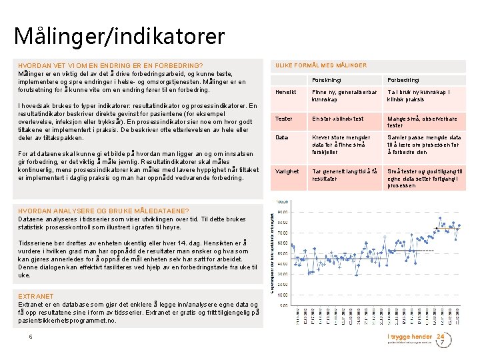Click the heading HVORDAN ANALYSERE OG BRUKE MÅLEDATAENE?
coord(94,211)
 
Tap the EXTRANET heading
coord(36,296)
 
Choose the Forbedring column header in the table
coord(403,80)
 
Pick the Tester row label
coord(284,119)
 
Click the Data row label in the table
coord(282,137)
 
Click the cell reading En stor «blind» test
coord(338,119)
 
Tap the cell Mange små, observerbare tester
coord(421,122)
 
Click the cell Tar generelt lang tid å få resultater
coord(345,175)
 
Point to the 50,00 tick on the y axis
coord(283,253)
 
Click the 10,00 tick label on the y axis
coord(283,295)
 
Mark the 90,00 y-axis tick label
coord(283,212)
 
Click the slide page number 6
coord(31,337)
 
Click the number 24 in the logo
coord(440,337)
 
